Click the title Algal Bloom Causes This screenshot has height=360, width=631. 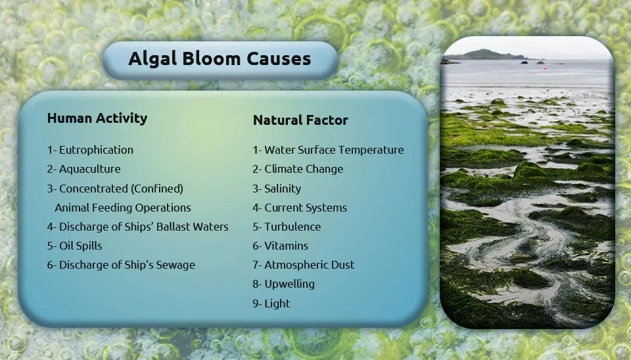tap(220, 58)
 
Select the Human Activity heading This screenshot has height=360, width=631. tap(97, 118)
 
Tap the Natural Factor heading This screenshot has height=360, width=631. tap(300, 120)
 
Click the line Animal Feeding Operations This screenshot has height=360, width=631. tap(123, 208)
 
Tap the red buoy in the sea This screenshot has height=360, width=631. tap(546, 68)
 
